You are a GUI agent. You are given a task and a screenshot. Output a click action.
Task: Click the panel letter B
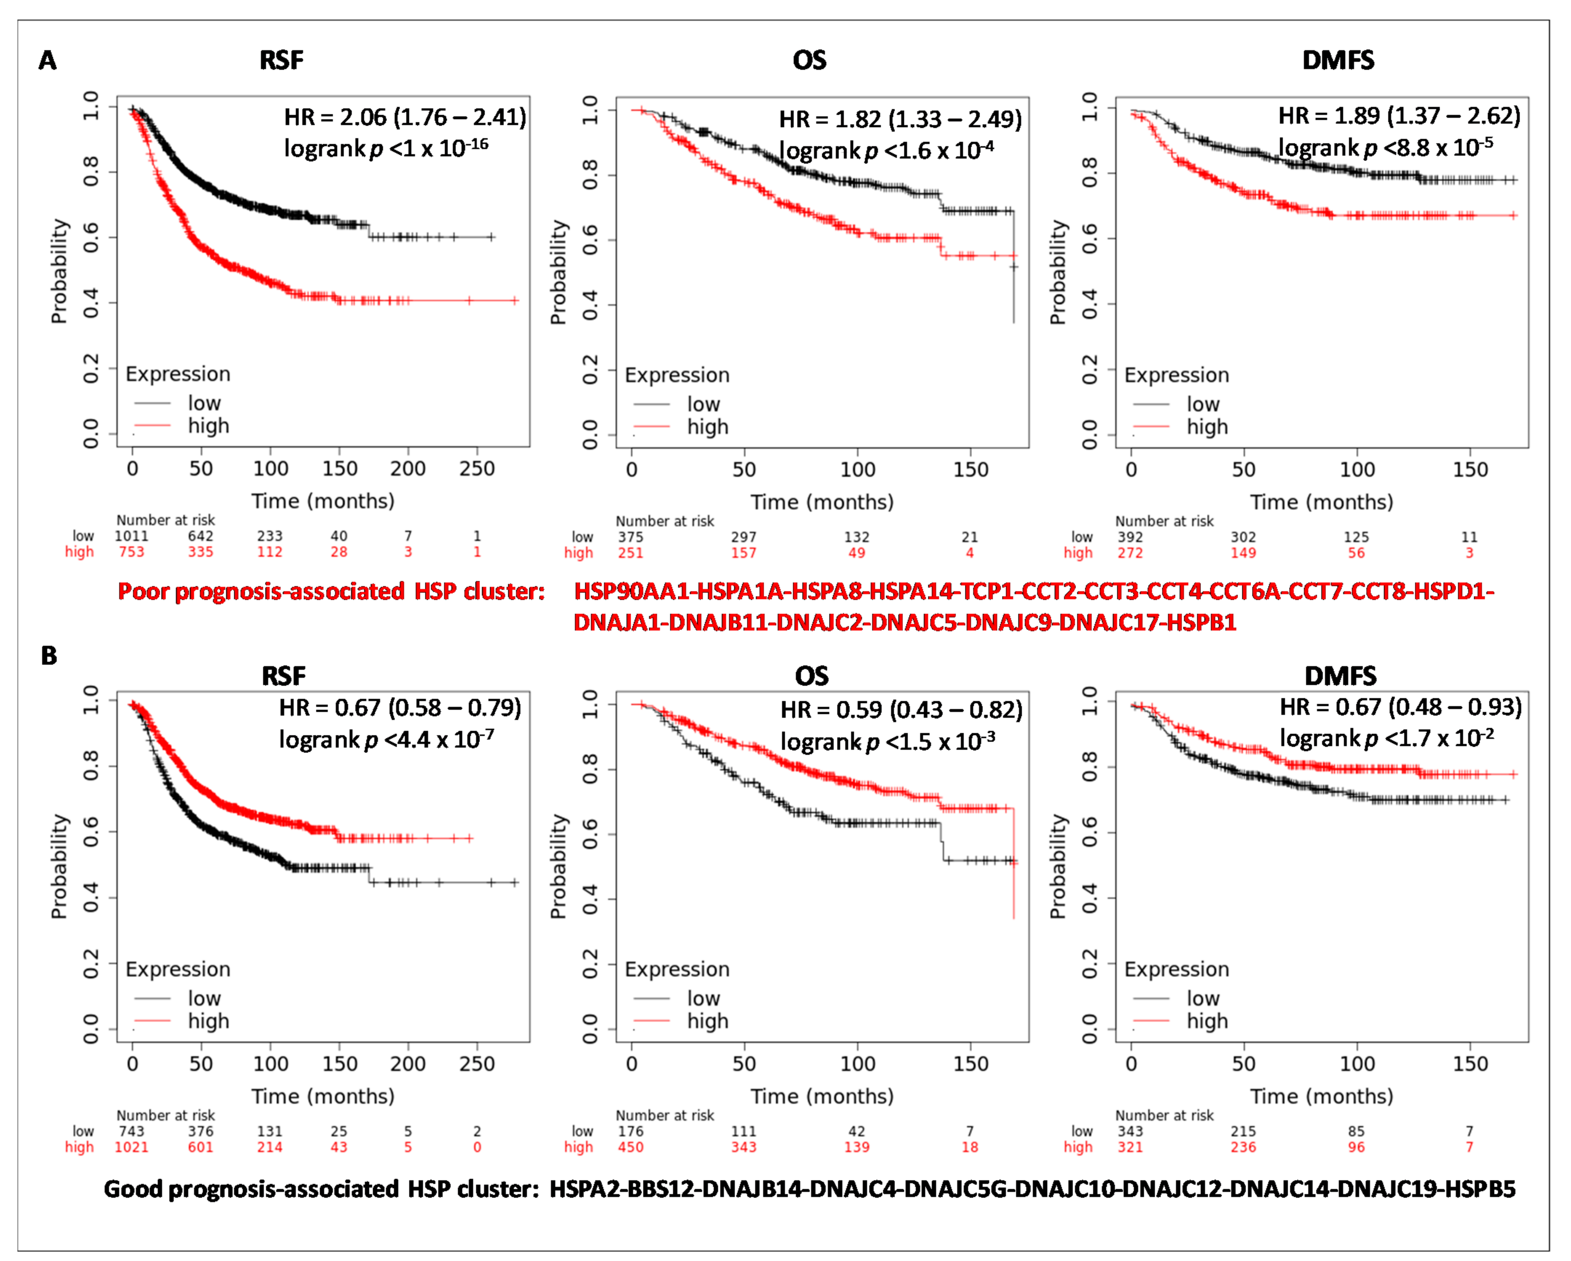pos(49,655)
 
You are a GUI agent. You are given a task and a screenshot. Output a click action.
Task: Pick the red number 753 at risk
pos(131,552)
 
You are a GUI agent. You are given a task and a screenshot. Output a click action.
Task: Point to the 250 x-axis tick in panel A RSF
pos(476,469)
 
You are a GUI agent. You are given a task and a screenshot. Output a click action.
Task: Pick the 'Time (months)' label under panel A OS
pos(822,502)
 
